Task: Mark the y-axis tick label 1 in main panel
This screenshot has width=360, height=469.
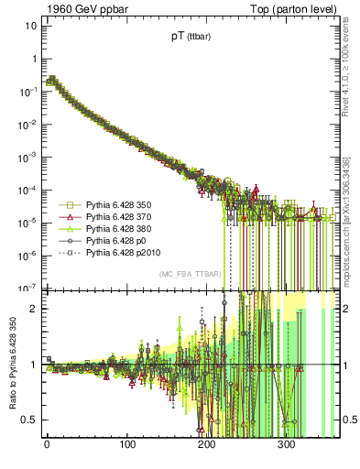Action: [33, 58]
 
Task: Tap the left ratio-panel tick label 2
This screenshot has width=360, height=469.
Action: [33, 309]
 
